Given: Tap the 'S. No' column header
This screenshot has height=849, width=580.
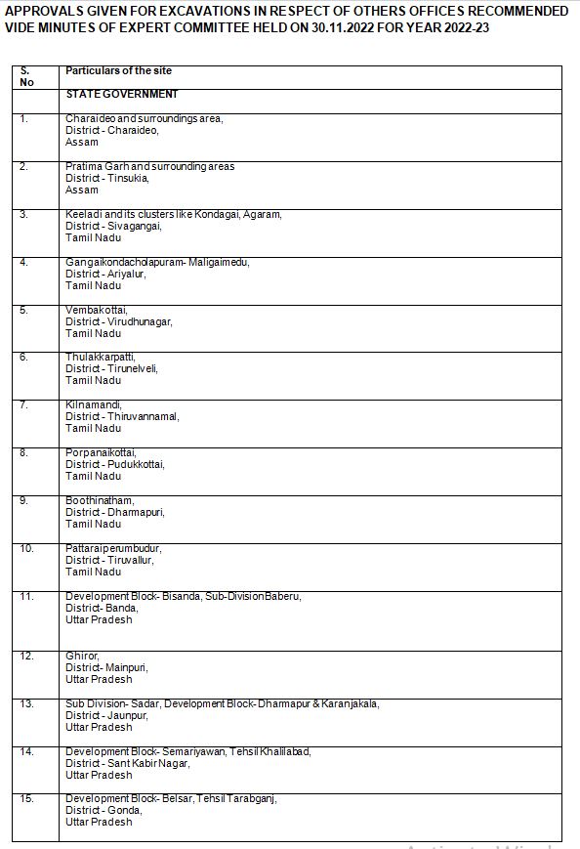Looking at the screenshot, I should click(25, 76).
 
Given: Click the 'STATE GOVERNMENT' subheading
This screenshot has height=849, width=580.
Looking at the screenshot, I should click(122, 94).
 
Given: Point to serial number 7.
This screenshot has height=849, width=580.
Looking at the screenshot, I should click(24, 404).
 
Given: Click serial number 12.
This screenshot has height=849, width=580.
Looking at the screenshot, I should click(26, 656).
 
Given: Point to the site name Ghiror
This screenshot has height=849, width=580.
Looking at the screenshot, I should click(81, 656).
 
